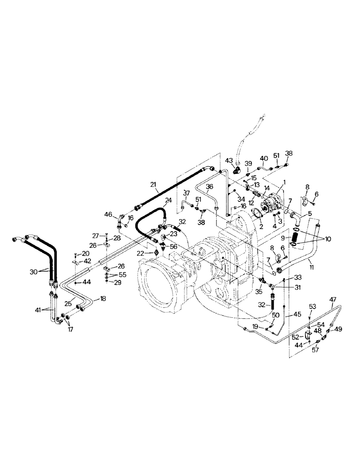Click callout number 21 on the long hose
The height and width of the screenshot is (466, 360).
pos(154,185)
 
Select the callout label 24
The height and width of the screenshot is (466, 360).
pos(168,200)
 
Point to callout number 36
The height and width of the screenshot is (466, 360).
pos(210,186)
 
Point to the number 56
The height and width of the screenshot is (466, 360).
pos(173,247)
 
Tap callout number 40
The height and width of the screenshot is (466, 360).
pos(264,158)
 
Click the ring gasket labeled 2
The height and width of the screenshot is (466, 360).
pos(256,214)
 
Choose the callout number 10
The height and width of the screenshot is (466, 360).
pos(328,239)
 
